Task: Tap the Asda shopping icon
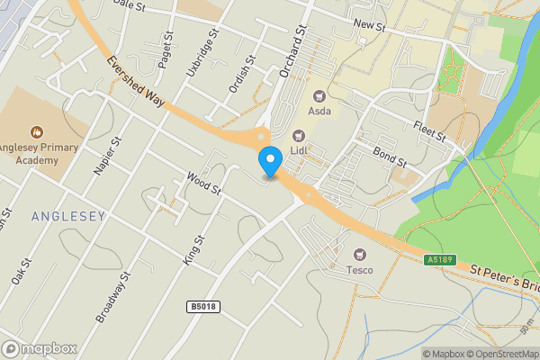(318, 96)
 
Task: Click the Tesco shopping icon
(360, 255)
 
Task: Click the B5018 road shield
(204, 307)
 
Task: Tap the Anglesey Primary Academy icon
(37, 132)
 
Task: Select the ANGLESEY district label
(68, 216)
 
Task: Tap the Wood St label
(203, 184)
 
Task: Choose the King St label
(194, 249)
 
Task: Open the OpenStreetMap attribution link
(499, 354)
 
